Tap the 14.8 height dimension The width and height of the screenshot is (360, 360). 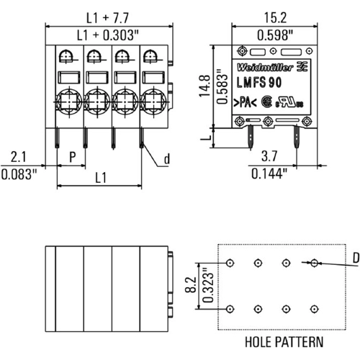(204, 84)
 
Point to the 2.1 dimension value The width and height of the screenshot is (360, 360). (19, 156)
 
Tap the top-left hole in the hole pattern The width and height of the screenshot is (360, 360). (230, 263)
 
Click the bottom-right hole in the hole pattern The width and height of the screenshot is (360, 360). (313, 309)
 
